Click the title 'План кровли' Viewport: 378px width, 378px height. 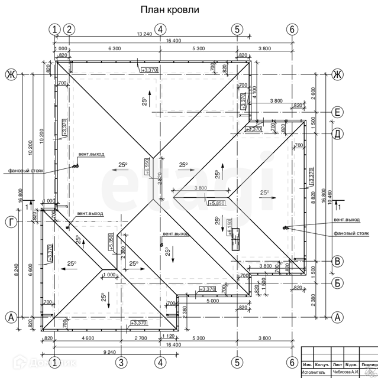pos(169,10)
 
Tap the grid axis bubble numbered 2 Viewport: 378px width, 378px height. pos(69,29)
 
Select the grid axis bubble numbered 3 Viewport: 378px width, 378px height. pos(120,362)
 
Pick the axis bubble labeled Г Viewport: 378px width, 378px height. pos(10,221)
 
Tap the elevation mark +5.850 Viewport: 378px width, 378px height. pos(217,203)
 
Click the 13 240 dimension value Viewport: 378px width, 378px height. pos(144,34)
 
